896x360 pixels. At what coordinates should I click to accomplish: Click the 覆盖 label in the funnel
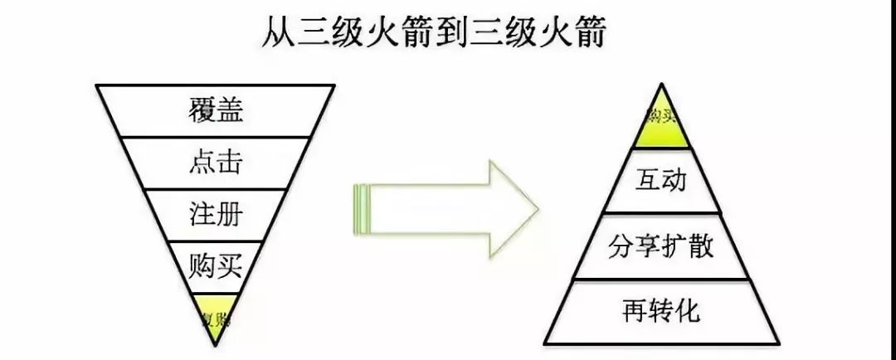coord(216,110)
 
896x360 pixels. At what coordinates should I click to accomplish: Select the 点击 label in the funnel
coord(216,162)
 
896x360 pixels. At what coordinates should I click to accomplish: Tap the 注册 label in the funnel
coord(216,214)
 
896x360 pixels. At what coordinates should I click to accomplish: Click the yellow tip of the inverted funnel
coord(216,313)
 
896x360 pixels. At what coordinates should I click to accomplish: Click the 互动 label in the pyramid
coord(661,180)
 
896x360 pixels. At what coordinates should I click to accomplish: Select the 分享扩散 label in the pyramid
coord(661,246)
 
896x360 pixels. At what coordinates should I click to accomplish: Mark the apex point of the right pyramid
coord(661,84)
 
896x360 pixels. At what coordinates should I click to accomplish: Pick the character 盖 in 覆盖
coord(230,110)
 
